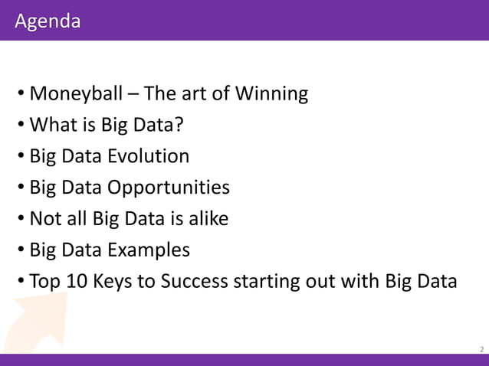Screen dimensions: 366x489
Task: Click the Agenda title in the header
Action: (x=47, y=21)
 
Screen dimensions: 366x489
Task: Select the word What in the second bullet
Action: (x=53, y=126)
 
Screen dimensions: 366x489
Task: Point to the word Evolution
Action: (x=148, y=156)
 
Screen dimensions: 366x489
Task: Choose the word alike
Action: (x=207, y=219)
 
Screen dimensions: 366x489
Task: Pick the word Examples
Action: (x=149, y=250)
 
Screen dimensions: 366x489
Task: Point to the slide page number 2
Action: (x=481, y=349)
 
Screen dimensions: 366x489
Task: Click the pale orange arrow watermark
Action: (x=35, y=322)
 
